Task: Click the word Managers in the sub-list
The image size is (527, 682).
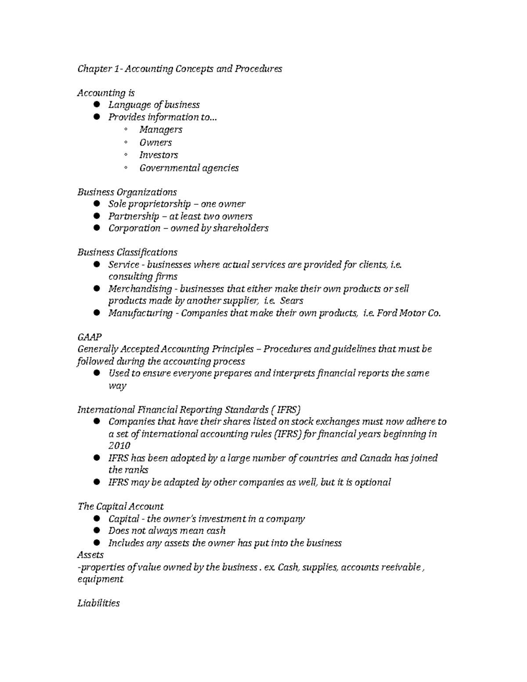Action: pos(161,130)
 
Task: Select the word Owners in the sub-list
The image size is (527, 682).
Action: pos(155,142)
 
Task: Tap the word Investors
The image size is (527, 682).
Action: pos(159,155)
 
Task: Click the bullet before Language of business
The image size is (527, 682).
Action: pos(97,105)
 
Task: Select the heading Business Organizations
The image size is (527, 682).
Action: pos(127,192)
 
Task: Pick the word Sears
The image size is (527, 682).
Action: pos(292,301)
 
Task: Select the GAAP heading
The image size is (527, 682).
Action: pos(90,337)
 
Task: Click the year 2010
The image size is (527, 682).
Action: pos(119,446)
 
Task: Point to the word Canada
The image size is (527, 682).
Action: pos(375,458)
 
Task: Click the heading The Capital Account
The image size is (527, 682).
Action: pos(120,506)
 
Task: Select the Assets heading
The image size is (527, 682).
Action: pos(90,555)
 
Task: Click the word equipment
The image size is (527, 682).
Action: pos(100,579)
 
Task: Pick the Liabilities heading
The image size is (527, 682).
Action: pos(98,603)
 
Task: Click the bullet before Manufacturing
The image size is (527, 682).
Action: pos(97,313)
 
